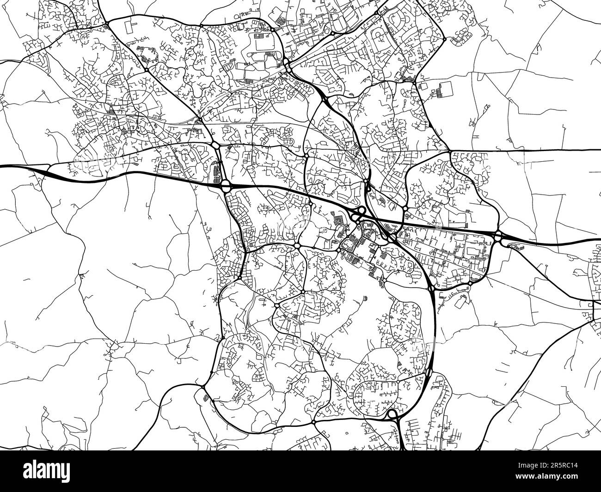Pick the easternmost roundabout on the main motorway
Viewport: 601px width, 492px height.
(x=498, y=237)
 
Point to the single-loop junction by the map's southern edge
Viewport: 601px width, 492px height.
(x=392, y=414)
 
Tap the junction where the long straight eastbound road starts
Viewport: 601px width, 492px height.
(x=450, y=151)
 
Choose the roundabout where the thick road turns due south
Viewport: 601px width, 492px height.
(x=431, y=289)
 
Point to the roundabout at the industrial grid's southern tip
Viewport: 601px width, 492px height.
(x=470, y=283)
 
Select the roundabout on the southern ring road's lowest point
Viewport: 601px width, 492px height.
(x=313, y=422)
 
